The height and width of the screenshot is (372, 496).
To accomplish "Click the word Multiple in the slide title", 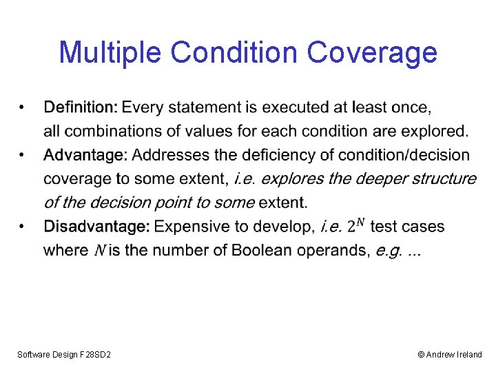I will [111, 52].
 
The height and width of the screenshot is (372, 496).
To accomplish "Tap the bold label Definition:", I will [81, 107].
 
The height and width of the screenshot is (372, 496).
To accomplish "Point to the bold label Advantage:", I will [85, 156].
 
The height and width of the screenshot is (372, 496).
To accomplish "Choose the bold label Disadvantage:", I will [96, 227].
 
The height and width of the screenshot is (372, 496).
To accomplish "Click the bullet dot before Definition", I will [23, 107].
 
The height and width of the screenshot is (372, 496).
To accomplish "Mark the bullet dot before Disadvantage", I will [23, 227].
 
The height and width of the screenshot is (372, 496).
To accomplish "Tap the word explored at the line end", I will [437, 131].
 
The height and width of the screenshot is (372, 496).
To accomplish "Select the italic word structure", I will [444, 179].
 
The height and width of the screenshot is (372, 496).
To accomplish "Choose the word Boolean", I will [260, 250].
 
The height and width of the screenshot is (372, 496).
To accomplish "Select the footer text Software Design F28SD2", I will [64, 354].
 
